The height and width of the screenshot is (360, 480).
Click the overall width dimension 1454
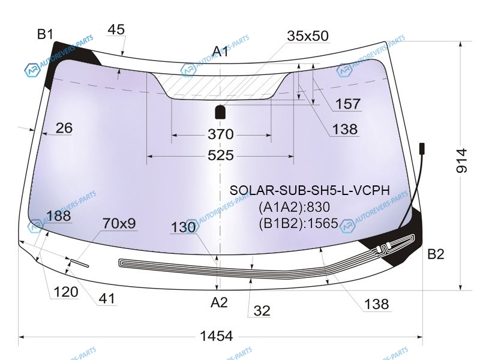click(x=216, y=336)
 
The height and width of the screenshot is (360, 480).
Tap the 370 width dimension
click(x=220, y=134)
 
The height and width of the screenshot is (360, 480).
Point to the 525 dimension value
click(x=220, y=155)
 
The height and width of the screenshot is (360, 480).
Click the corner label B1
click(x=46, y=34)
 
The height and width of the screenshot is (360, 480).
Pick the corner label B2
click(x=436, y=254)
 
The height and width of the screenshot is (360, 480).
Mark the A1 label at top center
click(x=220, y=51)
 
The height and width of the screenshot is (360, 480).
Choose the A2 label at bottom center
click(x=219, y=302)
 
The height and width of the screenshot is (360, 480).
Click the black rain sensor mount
click(x=220, y=112)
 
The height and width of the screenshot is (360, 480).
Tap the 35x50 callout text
click(x=308, y=36)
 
